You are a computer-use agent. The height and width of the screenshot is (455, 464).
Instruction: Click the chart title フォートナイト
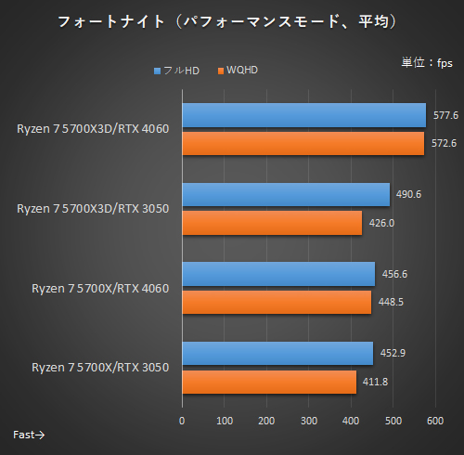(232, 21)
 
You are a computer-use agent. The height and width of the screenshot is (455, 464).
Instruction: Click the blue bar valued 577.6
(303, 115)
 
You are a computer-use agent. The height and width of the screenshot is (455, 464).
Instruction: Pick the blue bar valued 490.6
(286, 194)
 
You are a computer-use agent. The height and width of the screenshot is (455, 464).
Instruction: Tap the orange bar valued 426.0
(272, 223)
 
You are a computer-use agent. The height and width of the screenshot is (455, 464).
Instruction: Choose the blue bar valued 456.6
(278, 274)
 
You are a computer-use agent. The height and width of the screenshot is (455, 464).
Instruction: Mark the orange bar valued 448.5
(277, 302)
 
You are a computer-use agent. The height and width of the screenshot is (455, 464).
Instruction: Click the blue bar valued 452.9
(277, 354)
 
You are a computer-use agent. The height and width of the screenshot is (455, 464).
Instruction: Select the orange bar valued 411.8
(269, 382)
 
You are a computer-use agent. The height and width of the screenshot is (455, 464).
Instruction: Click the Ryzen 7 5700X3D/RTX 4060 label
(93, 128)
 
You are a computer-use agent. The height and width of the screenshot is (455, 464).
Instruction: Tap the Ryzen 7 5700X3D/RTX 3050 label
(93, 208)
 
